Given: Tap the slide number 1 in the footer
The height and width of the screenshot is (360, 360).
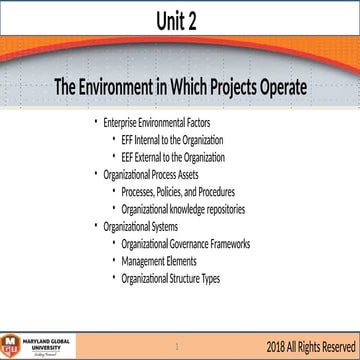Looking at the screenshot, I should pos(177,346).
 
